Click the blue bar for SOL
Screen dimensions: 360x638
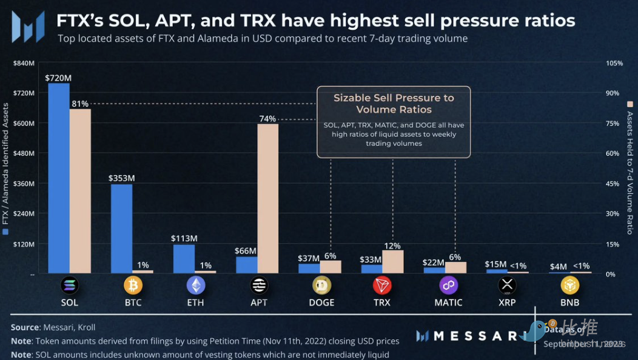pyautogui.click(x=58, y=178)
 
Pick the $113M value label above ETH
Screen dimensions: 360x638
pyautogui.click(x=184, y=238)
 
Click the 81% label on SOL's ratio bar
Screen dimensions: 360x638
pyautogui.click(x=80, y=104)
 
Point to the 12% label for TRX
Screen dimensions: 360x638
pyautogui.click(x=392, y=245)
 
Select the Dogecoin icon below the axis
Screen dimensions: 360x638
pyautogui.click(x=321, y=285)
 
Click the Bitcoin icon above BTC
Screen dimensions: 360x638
pyautogui.click(x=133, y=285)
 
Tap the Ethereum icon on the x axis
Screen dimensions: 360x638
pyautogui.click(x=196, y=285)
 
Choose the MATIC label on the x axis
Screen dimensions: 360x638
pyautogui.click(x=448, y=302)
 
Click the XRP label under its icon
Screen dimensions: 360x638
pyautogui.click(x=506, y=302)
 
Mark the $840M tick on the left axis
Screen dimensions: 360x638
pyautogui.click(x=24, y=63)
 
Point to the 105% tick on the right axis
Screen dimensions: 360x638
pyautogui.click(x=614, y=63)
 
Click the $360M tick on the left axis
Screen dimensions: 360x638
pyautogui.click(x=24, y=184)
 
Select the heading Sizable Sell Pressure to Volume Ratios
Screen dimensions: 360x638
pyautogui.click(x=394, y=104)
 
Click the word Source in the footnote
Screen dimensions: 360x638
pyautogui.click(x=25, y=327)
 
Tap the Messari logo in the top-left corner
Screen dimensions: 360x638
pyautogui.click(x=28, y=27)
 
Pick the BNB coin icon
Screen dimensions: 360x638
pyautogui.click(x=569, y=285)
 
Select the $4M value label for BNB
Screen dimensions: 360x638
pyautogui.click(x=558, y=266)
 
